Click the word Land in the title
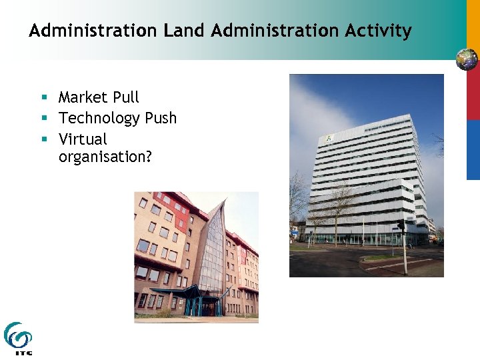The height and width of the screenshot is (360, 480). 178,31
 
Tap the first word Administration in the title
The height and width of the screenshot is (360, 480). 91,31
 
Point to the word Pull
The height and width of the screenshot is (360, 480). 126,97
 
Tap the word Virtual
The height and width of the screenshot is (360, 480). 83,139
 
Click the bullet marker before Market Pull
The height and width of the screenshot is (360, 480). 44,98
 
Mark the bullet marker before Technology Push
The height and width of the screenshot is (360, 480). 44,119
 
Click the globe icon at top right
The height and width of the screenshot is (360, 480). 467,59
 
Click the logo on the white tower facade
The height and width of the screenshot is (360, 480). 328,139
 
